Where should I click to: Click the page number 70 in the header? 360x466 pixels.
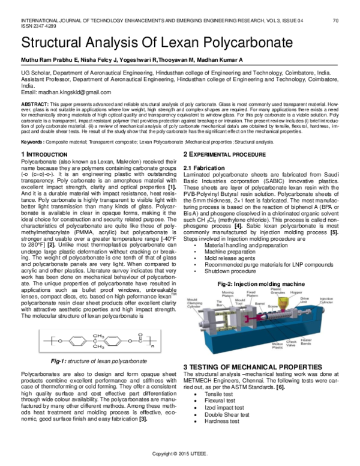point(337,21)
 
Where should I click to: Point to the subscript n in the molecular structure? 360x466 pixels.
point(168,346)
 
